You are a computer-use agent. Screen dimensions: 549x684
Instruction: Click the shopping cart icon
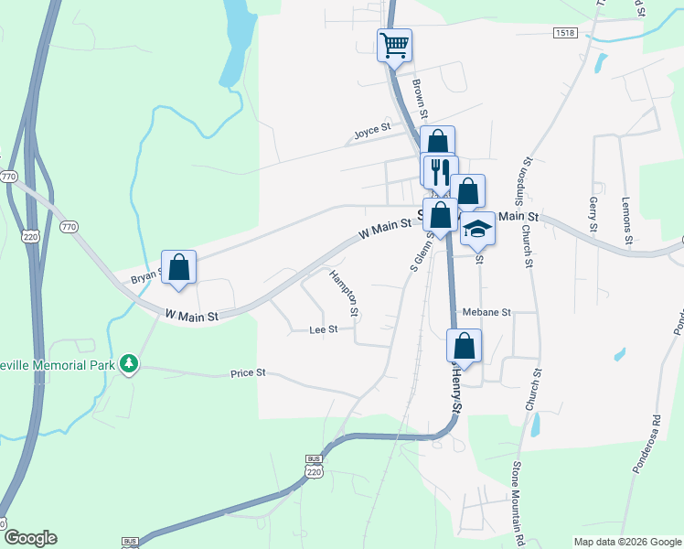[x=395, y=45]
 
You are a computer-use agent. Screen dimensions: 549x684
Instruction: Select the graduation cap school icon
[x=476, y=229]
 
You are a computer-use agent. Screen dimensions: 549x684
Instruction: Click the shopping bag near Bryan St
[x=179, y=267]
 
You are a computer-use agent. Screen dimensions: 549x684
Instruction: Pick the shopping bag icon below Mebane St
[x=464, y=346]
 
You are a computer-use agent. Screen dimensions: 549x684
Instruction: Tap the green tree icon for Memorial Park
[x=130, y=364]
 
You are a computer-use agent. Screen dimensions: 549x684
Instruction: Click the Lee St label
[x=324, y=329]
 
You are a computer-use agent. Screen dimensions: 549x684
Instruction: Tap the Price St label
[x=248, y=373]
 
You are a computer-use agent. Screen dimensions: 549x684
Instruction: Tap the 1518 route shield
[x=564, y=33]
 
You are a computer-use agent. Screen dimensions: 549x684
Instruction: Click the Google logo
[x=29, y=538]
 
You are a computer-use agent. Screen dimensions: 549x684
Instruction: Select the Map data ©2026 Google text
[x=626, y=542]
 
